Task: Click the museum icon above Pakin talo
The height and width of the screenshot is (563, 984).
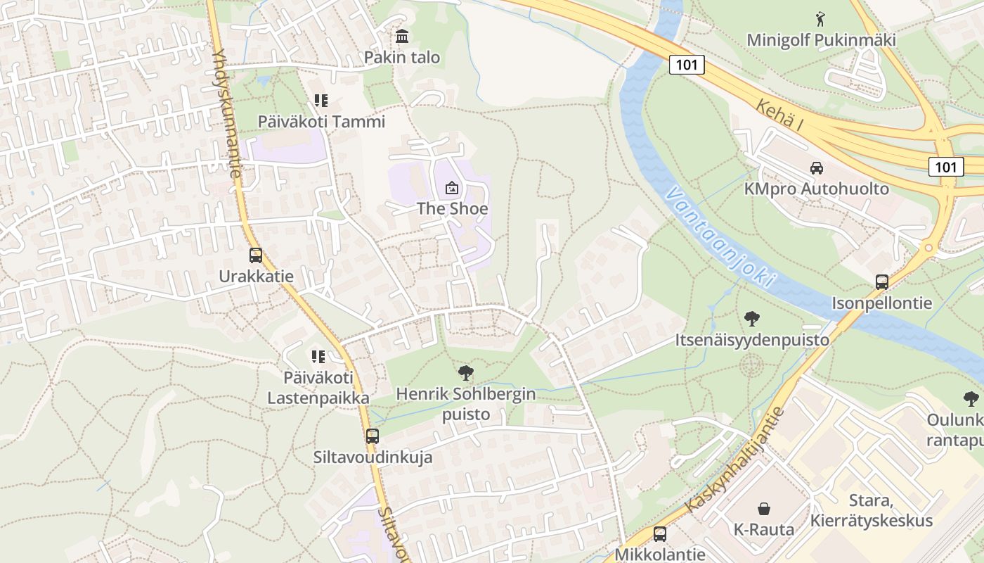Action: point(402,36)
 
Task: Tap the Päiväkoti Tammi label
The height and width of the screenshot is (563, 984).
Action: point(321,121)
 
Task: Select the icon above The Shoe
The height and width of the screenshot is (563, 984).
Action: point(451,188)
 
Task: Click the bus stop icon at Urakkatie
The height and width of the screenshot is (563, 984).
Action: point(255,255)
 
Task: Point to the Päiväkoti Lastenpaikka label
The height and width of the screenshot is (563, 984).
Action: point(318,388)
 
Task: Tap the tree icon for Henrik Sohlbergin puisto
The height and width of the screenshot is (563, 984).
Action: point(465,373)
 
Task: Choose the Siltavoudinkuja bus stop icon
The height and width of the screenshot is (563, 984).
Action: point(373,436)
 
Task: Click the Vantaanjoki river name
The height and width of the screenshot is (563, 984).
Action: point(723,239)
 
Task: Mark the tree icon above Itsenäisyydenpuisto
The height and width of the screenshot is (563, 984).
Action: point(751,319)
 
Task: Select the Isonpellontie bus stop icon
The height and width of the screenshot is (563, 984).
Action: point(881,282)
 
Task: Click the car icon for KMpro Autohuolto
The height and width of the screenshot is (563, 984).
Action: point(816,168)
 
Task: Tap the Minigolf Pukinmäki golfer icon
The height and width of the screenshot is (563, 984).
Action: point(820,18)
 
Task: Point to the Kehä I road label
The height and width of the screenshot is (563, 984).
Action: point(780,114)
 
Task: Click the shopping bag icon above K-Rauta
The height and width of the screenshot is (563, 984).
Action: point(763,509)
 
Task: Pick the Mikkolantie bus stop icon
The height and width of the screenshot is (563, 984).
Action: point(659,533)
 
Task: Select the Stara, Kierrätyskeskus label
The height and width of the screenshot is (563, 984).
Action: point(872,511)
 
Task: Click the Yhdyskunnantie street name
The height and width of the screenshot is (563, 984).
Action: point(226,113)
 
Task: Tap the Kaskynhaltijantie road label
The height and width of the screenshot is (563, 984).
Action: point(735,460)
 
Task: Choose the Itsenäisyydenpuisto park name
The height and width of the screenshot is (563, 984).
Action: point(752,340)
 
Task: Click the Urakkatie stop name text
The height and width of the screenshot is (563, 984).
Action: point(256,277)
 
